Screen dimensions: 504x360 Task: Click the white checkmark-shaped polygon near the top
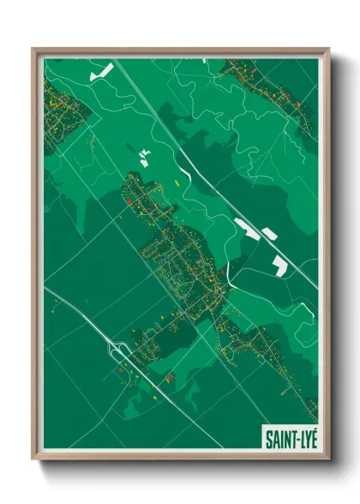(x=101, y=72)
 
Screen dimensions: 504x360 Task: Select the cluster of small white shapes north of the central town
(x=144, y=156)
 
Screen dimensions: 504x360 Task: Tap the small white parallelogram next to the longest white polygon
(x=268, y=233)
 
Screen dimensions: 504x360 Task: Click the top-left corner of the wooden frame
(x=33, y=50)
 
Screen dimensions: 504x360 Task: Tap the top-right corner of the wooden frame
(x=328, y=50)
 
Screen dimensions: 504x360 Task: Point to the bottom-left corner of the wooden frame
(x=33, y=460)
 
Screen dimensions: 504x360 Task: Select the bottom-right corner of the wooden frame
(x=328, y=460)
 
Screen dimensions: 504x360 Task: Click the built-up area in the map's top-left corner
(x=62, y=111)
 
